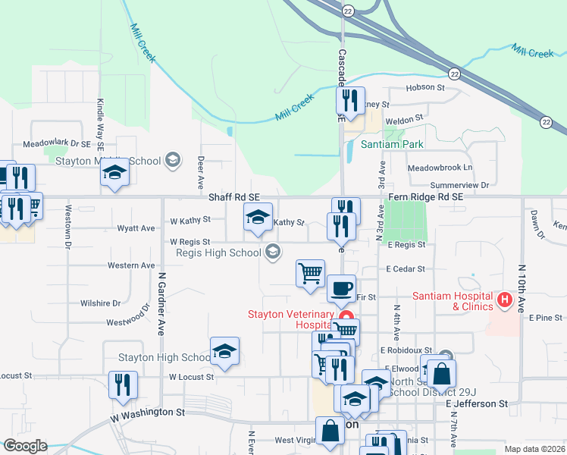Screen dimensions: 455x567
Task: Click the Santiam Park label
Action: pyautogui.click(x=392, y=144)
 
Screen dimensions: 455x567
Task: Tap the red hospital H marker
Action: pyautogui.click(x=505, y=301)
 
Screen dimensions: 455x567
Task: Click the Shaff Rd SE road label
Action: pyautogui.click(x=234, y=196)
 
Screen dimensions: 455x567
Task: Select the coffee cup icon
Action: pyautogui.click(x=340, y=289)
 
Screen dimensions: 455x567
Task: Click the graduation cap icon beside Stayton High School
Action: pyautogui.click(x=225, y=351)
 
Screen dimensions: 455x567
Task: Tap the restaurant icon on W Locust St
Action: pyautogui.click(x=122, y=384)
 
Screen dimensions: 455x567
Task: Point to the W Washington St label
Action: pyautogui.click(x=148, y=414)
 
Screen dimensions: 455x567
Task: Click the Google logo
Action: pyautogui.click(x=24, y=446)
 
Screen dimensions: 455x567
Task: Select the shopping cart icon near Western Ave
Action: pyautogui.click(x=310, y=273)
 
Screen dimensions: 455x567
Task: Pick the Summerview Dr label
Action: pyautogui.click(x=459, y=184)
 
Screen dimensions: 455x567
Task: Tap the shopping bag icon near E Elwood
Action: pyautogui.click(x=441, y=373)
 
